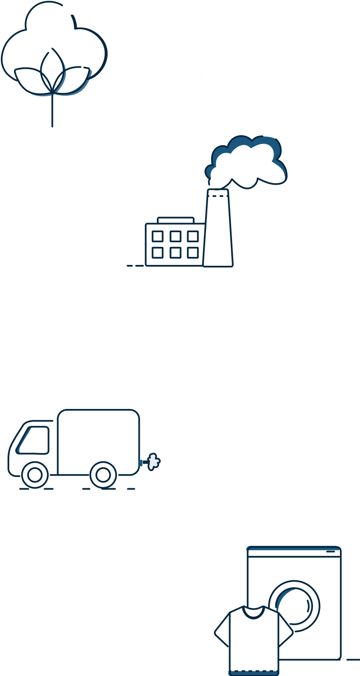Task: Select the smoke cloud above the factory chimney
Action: click(x=248, y=161)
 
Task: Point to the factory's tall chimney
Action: click(x=218, y=229)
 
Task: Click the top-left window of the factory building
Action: click(x=157, y=236)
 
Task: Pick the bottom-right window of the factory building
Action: click(x=193, y=253)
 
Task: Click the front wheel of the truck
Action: click(x=35, y=475)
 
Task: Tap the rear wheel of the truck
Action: click(x=103, y=475)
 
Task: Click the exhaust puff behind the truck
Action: click(x=153, y=462)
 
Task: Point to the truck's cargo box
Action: click(x=99, y=441)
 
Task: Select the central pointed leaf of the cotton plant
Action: click(x=52, y=69)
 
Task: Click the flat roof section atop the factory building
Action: click(x=175, y=220)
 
